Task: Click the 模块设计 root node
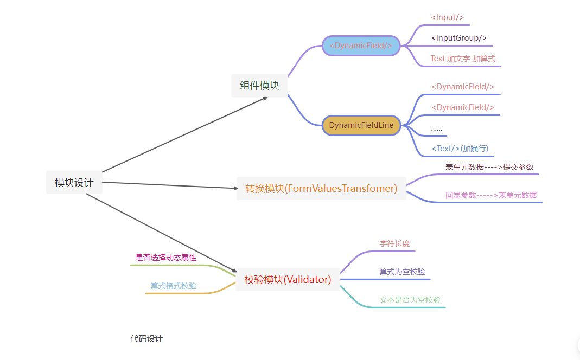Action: point(74,183)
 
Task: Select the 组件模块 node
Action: point(259,86)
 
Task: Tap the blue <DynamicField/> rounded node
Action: point(361,46)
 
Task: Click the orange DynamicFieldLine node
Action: point(361,125)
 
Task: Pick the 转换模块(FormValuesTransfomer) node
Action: point(321,188)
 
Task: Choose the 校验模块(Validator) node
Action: point(288,280)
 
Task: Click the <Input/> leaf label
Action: point(447,17)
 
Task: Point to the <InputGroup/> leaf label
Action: point(459,38)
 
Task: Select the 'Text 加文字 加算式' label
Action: point(463,59)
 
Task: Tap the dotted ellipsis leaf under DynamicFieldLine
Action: point(436,129)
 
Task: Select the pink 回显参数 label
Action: point(491,195)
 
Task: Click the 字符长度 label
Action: point(394,244)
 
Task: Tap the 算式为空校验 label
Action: point(402,272)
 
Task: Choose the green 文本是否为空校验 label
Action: point(410,300)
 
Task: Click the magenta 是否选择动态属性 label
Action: point(165,258)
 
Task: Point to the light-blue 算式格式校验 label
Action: point(174,286)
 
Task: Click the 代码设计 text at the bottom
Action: point(146,339)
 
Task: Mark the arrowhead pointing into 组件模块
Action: point(265,98)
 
